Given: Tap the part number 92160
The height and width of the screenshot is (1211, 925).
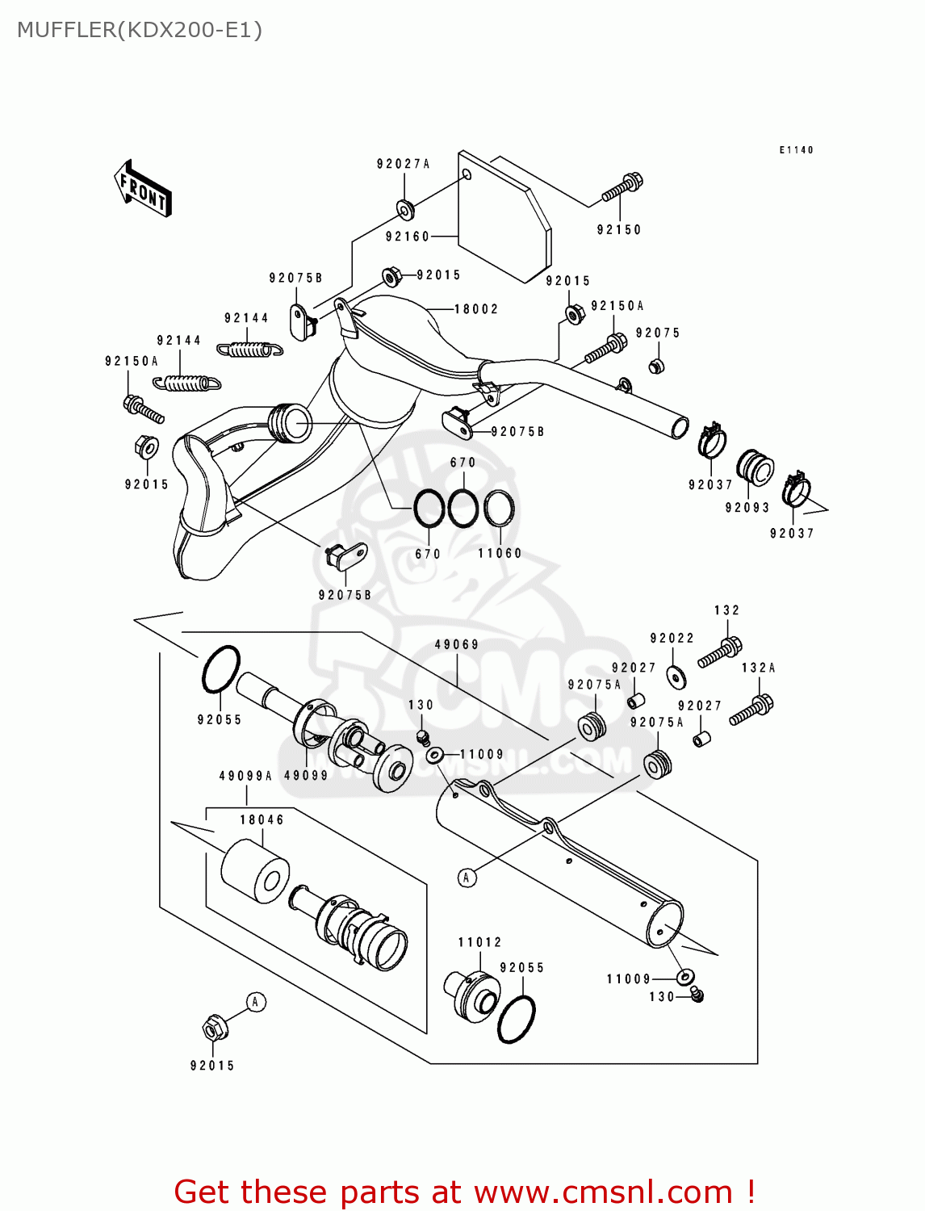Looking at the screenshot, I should [x=408, y=237].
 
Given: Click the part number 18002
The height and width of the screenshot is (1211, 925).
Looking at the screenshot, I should [x=476, y=309].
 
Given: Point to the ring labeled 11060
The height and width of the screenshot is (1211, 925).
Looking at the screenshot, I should [x=499, y=509].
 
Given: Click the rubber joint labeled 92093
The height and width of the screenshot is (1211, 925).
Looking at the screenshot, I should [x=755, y=469].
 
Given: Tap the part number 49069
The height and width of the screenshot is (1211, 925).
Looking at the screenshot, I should [x=457, y=644].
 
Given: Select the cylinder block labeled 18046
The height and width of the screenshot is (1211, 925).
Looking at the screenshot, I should [x=254, y=871].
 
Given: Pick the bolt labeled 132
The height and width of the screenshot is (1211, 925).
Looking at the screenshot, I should [x=720, y=652].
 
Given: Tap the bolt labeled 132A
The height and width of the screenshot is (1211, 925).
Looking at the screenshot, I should [x=751, y=710].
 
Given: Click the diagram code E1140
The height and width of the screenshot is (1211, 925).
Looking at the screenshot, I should [x=796, y=150].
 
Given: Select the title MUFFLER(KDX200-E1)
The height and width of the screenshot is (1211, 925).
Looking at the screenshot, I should [x=140, y=30].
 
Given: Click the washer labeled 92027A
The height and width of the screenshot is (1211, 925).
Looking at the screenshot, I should [x=404, y=210].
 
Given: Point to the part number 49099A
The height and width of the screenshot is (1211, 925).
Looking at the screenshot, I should [x=245, y=776].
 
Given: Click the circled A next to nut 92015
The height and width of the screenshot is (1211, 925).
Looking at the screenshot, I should [x=255, y=1003].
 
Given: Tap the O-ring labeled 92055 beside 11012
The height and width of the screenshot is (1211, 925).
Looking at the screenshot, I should [x=517, y=1019].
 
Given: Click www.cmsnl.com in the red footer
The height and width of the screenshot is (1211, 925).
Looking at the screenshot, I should [x=603, y=1192].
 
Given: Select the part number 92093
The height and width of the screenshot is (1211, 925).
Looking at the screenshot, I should [x=747, y=508].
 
